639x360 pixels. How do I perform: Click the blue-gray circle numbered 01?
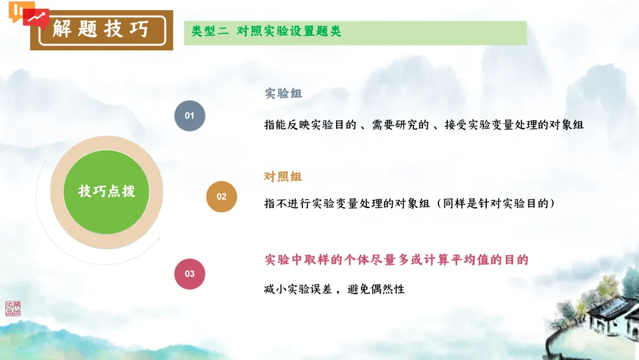click(189, 115)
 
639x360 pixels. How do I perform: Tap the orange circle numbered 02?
click(221, 197)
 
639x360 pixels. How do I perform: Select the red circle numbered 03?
click(189, 274)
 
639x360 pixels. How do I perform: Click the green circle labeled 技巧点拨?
click(106, 191)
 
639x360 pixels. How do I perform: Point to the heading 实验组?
click(283, 94)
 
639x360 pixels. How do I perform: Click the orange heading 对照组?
click(283, 176)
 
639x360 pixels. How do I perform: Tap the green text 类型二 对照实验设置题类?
click(266, 32)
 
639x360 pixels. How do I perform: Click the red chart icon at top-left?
click(36, 17)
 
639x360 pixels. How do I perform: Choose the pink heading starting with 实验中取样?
click(396, 259)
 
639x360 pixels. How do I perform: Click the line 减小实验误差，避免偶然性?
click(334, 290)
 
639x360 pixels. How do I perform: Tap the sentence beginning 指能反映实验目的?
click(424, 125)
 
